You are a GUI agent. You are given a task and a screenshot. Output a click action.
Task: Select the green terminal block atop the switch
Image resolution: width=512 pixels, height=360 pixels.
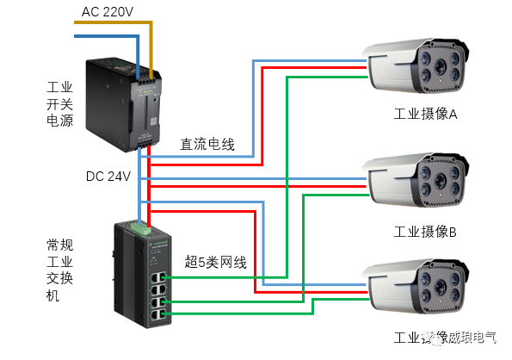point(139,230)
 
